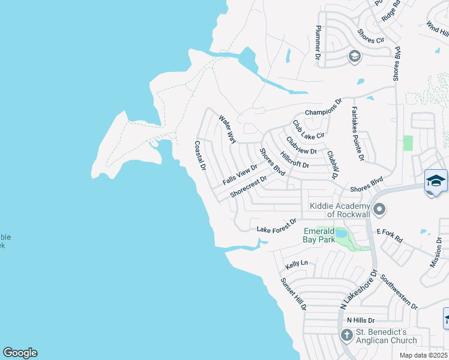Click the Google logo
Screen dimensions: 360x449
20,353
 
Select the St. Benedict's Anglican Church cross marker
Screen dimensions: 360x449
346,335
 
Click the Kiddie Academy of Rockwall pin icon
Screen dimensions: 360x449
379,209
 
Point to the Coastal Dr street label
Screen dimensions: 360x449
200,155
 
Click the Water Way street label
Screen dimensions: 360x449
228,129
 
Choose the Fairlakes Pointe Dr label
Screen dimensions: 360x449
358,134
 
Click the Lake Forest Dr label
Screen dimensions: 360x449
277,225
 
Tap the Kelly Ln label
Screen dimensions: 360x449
297,263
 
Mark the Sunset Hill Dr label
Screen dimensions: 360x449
293,293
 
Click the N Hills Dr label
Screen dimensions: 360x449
361,320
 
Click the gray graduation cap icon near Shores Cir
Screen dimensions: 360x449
354,56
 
